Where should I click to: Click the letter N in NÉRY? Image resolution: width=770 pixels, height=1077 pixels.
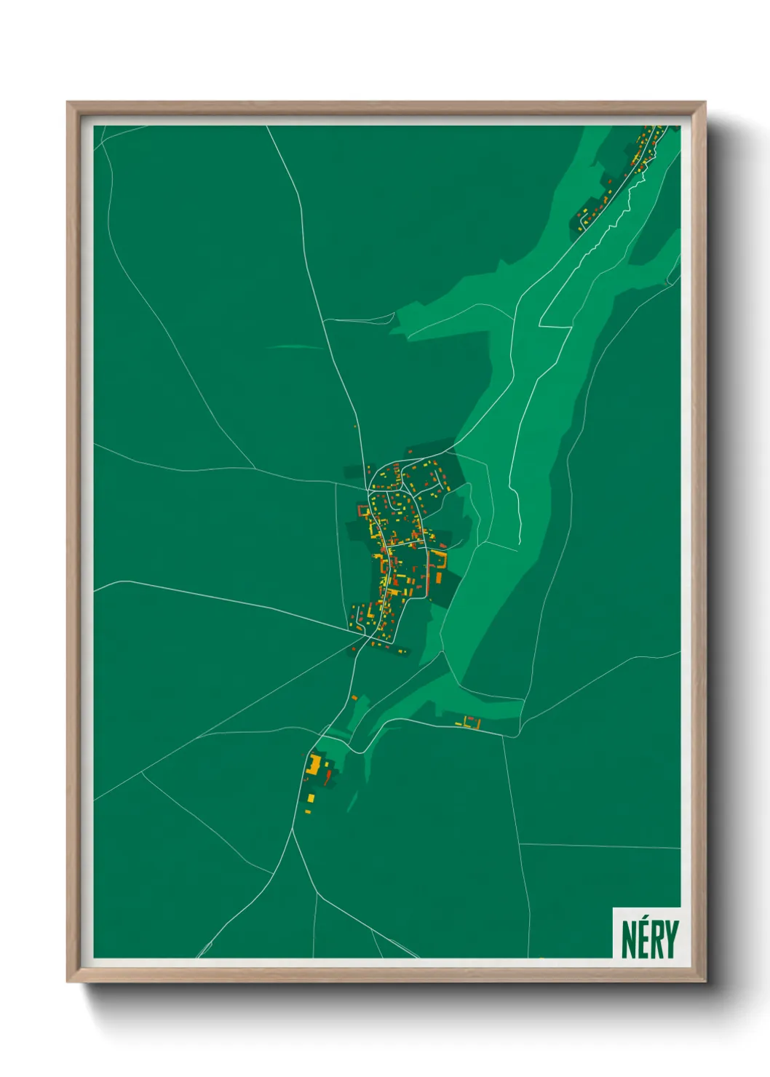[x=629, y=939]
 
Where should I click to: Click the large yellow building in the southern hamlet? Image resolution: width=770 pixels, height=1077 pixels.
[x=314, y=765]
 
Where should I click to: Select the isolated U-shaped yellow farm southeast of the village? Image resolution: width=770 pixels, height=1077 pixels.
[x=472, y=723]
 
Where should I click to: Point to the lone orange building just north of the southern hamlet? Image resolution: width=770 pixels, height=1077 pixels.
[x=354, y=698]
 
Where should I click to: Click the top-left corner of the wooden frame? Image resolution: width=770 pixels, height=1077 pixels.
[x=68, y=103]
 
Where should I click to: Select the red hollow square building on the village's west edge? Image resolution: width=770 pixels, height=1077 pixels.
[x=364, y=510]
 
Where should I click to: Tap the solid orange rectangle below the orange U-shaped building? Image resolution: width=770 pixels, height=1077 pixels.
[x=439, y=579]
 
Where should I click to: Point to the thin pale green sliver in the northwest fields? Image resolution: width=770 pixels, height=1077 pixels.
[x=295, y=347]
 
